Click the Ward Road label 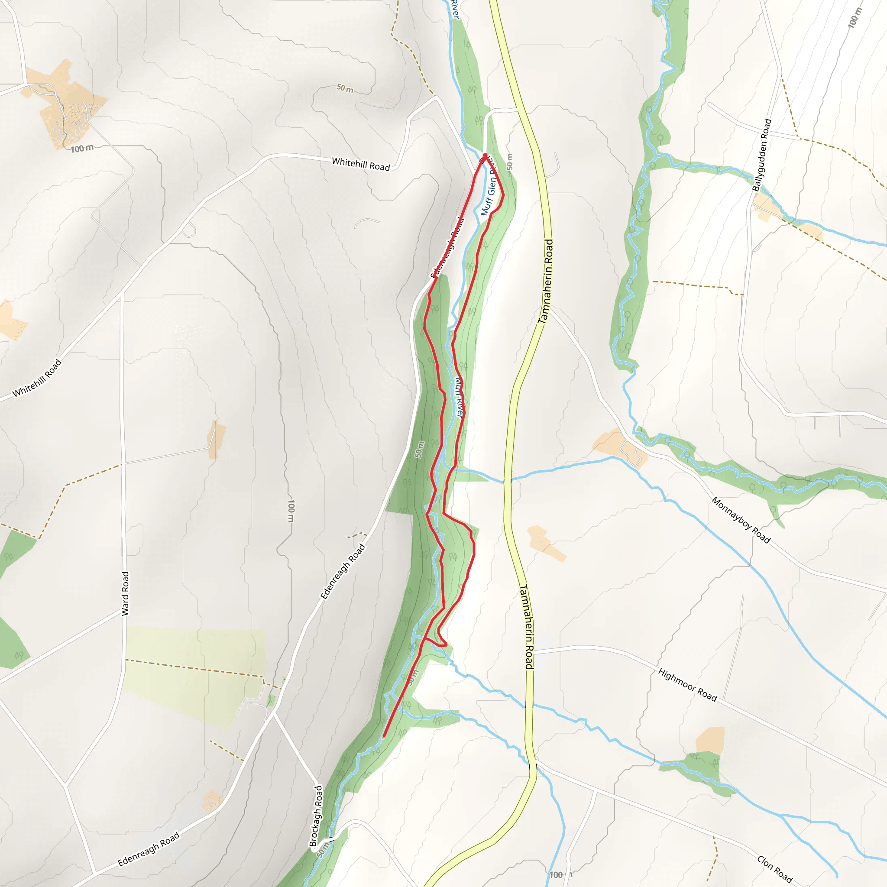tap(125, 593)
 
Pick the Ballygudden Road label tap(762, 155)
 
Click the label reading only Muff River tap(459, 397)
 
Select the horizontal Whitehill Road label tap(360, 164)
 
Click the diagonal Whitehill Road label tap(37, 378)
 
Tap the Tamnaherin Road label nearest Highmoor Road tap(526, 627)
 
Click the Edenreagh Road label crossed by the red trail tap(447, 248)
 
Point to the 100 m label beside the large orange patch tap(82, 148)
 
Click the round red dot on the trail tap(485, 155)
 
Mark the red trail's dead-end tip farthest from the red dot tap(384, 736)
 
